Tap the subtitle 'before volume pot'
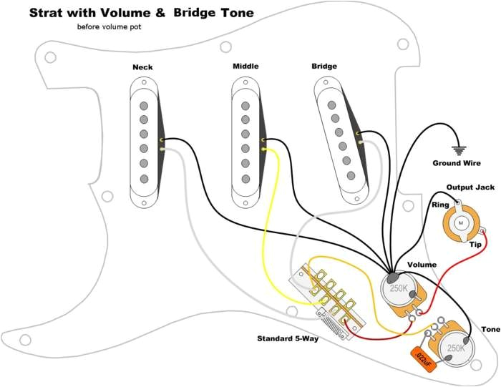tap(109, 26)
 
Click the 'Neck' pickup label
tap(142, 67)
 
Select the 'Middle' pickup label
tap(245, 67)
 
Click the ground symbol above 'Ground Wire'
tap(457, 150)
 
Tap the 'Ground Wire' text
tap(456, 163)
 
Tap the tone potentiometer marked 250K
tap(456, 348)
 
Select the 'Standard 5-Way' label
tap(288, 338)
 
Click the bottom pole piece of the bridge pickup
tap(351, 175)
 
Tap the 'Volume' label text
tap(422, 265)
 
